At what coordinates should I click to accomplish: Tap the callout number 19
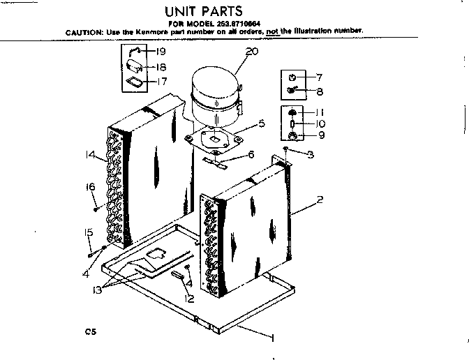(160, 52)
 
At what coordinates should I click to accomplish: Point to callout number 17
(161, 82)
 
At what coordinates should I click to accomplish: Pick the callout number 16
(90, 186)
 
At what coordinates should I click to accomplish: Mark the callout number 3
(310, 153)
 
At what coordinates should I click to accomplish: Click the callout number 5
(261, 124)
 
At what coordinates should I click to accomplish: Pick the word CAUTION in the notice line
(84, 31)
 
